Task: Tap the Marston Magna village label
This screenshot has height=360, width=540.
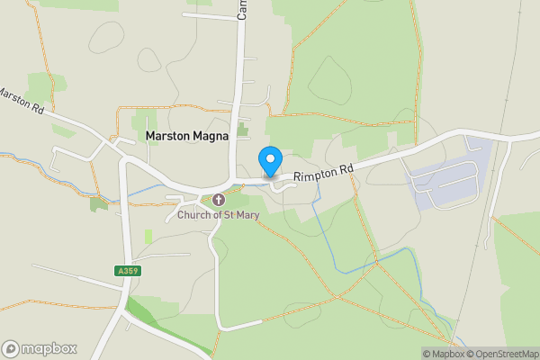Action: point(187,135)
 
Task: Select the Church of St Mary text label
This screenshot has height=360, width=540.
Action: point(218,214)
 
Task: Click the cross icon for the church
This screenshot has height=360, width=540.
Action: point(218,199)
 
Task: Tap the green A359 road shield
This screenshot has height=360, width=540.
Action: point(128,270)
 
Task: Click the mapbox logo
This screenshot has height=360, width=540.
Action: point(40,348)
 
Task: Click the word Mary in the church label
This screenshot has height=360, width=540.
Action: point(246,214)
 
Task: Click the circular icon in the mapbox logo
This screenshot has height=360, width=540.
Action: point(11,348)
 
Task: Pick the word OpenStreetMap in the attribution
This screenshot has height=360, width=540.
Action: point(508,354)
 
